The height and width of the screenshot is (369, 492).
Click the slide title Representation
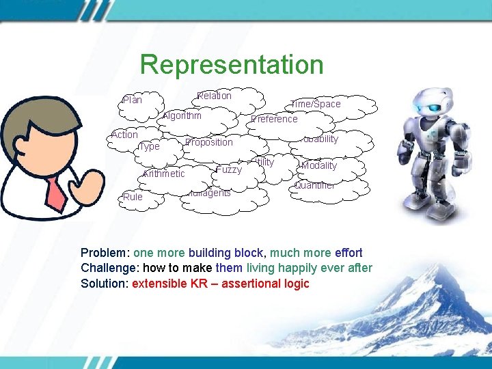[231, 65]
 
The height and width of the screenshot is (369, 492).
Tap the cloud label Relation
[214, 96]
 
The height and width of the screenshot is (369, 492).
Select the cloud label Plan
[132, 100]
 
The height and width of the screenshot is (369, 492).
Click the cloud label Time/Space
[315, 104]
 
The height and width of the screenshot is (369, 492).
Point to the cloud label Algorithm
[182, 115]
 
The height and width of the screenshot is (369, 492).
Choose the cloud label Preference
[275, 119]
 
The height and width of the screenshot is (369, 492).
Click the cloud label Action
[124, 135]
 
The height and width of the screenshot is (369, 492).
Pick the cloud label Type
[149, 146]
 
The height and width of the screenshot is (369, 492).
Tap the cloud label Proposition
[209, 142]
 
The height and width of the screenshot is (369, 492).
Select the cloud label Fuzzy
[229, 169]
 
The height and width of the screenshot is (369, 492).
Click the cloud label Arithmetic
[164, 174]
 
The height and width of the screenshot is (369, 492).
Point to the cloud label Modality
[319, 166]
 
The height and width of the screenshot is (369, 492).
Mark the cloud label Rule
[133, 197]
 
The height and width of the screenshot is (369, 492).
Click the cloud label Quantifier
[315, 185]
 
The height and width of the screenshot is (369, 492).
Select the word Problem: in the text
[105, 253]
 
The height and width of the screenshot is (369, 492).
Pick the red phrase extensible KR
[176, 283]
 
